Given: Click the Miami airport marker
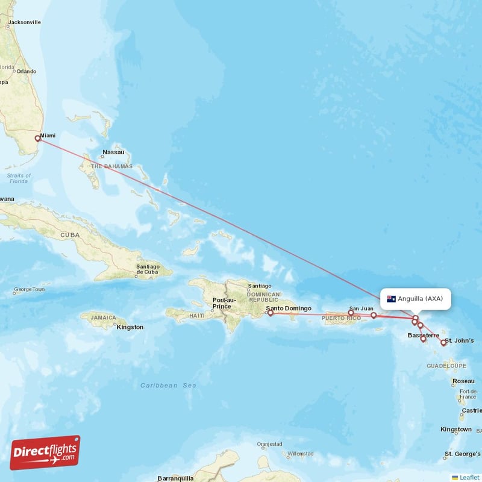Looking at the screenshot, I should (37, 138).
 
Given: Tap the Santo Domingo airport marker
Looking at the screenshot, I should (271, 313).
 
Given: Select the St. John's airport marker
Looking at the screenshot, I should (443, 343).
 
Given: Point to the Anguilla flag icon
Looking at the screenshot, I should (391, 299).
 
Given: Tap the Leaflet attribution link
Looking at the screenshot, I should (469, 477).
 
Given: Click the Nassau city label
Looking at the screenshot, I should (113, 152).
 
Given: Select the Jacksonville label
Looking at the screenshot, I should (24, 22).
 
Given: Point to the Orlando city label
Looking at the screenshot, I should (27, 71).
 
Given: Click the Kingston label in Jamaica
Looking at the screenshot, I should (131, 327).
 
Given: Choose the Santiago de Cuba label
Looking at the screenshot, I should (148, 269).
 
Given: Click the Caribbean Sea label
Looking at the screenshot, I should (169, 385).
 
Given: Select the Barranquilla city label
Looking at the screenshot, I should (175, 478).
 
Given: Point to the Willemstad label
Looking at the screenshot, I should (300, 453).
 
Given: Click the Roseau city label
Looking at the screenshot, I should (463, 381).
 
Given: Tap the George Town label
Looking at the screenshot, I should (29, 290).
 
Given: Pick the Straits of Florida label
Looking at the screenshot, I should (18, 178).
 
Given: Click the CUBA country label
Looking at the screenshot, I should (70, 234).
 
